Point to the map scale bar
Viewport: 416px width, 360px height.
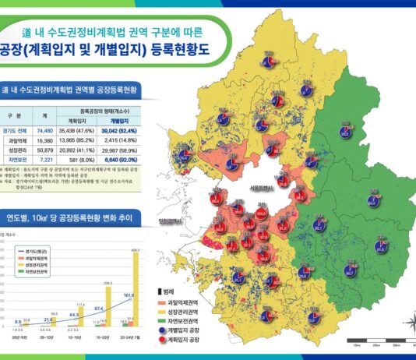[x=379, y=340]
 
